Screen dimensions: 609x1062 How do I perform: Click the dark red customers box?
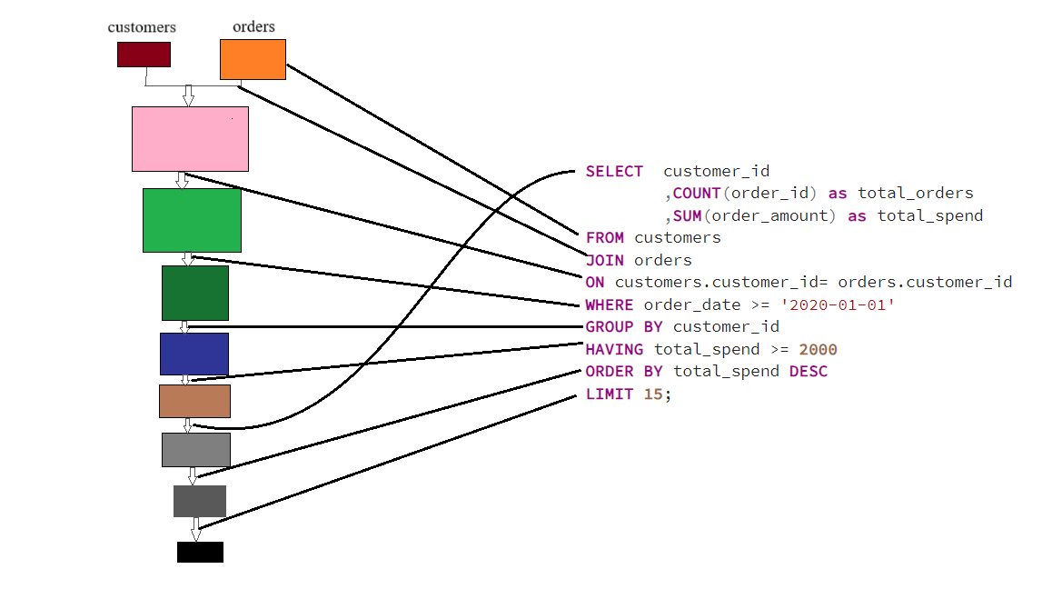click(144, 55)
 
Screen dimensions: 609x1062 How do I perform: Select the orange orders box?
click(253, 59)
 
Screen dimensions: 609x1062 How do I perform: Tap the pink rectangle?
click(190, 139)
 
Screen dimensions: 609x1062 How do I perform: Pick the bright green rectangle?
click(192, 220)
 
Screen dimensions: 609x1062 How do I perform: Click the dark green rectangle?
click(195, 293)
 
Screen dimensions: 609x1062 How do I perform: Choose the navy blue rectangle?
click(194, 354)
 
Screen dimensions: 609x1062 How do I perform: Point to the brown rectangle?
click(194, 401)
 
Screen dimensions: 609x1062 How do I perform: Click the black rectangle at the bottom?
click(200, 552)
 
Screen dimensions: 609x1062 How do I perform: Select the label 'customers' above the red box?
click(142, 26)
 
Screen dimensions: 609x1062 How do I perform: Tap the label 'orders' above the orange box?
click(253, 26)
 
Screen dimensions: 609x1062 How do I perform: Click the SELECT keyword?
click(614, 171)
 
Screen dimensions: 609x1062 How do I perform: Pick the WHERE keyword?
click(610, 304)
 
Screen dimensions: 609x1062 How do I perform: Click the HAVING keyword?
click(614, 349)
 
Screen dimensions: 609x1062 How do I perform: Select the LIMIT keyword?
click(610, 394)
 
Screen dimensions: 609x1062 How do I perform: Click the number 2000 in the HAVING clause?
click(818, 349)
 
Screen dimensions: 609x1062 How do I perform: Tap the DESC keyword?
click(808, 371)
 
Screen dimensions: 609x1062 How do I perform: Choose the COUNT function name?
click(697, 193)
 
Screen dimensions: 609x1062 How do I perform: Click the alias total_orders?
click(915, 193)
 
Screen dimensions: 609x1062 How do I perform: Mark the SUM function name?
click(687, 215)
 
